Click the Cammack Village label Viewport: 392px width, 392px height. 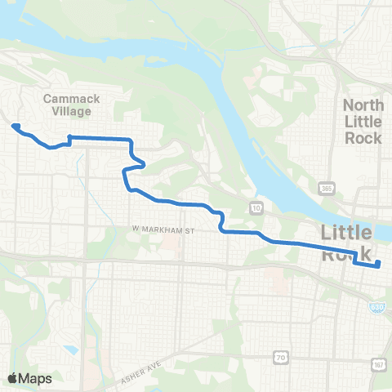point(71,105)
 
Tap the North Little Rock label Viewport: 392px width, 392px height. point(363,121)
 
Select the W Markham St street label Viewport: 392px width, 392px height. point(164,230)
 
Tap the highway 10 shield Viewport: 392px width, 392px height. point(256,207)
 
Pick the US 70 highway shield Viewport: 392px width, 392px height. point(279,356)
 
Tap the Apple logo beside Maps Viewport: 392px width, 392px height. point(13,378)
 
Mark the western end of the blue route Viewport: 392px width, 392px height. point(14,126)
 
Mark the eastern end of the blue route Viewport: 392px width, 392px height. point(378,263)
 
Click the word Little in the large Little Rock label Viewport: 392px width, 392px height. point(351,232)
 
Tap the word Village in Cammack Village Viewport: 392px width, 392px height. point(71,112)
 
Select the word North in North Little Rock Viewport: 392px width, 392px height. point(363,105)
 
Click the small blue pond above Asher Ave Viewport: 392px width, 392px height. point(72,350)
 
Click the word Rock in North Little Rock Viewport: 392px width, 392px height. point(363,137)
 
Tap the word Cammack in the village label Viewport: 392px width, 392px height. point(71,99)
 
